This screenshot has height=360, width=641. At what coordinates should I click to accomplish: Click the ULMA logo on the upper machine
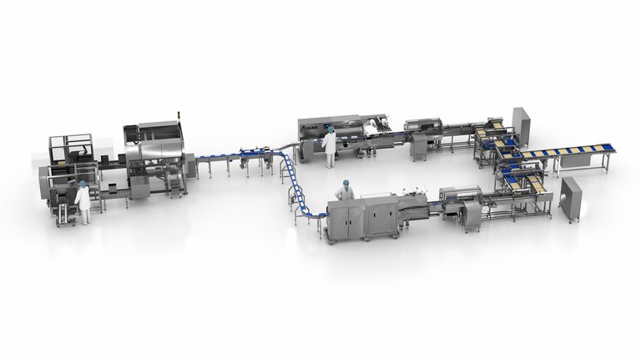pos(310,129)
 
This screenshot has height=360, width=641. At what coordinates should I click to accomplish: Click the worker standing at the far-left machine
pos(83,201)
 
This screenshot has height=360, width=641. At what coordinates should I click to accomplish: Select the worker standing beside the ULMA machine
pos(330,141)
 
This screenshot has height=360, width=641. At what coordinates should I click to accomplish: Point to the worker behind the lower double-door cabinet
pos(343,190)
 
